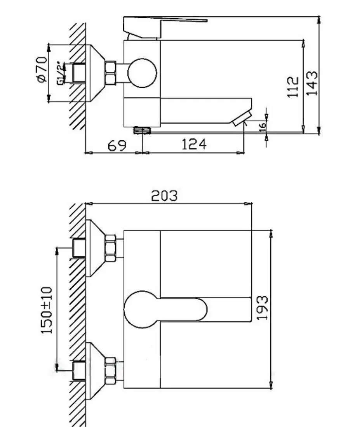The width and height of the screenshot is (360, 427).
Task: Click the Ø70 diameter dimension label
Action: tap(42, 70)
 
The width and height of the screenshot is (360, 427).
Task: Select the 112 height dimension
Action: tap(294, 86)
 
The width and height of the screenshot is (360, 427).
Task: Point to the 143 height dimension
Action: tap(312, 82)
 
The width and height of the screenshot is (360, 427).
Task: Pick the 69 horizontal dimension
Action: tap(117, 146)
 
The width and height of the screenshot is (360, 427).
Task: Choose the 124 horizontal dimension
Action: tap(194, 145)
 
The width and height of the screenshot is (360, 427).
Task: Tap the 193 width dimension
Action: tap(263, 308)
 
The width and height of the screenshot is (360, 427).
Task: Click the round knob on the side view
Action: tap(142, 73)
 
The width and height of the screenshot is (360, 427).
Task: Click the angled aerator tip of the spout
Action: tap(242, 118)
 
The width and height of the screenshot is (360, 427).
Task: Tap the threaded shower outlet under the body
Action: tap(142, 130)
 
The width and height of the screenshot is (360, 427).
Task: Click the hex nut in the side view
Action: tap(111, 73)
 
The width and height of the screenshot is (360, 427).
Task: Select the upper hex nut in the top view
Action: tap(110, 247)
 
